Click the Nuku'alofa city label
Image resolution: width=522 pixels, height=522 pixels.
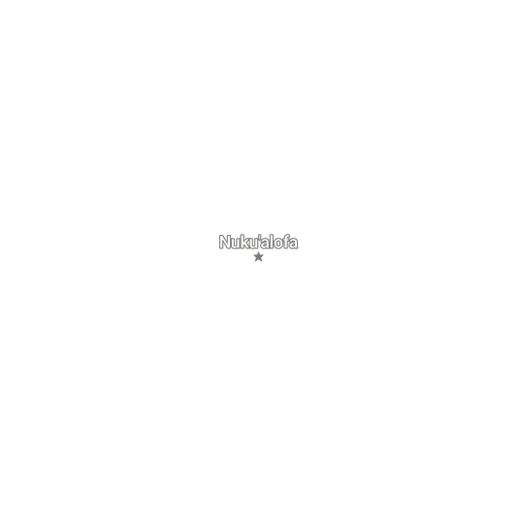[x=258, y=242]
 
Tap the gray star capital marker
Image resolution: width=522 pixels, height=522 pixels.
[x=258, y=257]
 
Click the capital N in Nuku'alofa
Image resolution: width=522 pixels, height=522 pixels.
[x=225, y=242]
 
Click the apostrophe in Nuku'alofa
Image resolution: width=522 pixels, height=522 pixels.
[x=260, y=237]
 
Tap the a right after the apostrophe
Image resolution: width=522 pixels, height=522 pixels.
[x=266, y=245]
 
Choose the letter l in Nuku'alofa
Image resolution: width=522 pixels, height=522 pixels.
[x=273, y=242]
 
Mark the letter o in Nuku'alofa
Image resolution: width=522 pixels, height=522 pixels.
[x=279, y=245]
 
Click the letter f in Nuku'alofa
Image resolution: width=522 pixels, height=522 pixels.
[x=287, y=242]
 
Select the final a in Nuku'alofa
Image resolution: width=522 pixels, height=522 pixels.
[x=294, y=245]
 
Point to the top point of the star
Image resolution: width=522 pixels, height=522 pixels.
[x=258, y=252]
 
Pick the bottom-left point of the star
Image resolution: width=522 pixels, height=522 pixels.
[x=255, y=262]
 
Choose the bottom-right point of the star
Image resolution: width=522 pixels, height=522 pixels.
[x=262, y=262]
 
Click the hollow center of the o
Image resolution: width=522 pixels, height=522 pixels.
[x=279, y=245]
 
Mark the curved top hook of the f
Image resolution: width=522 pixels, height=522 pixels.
[x=288, y=236]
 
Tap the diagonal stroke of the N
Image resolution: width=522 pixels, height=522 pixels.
[x=225, y=242]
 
